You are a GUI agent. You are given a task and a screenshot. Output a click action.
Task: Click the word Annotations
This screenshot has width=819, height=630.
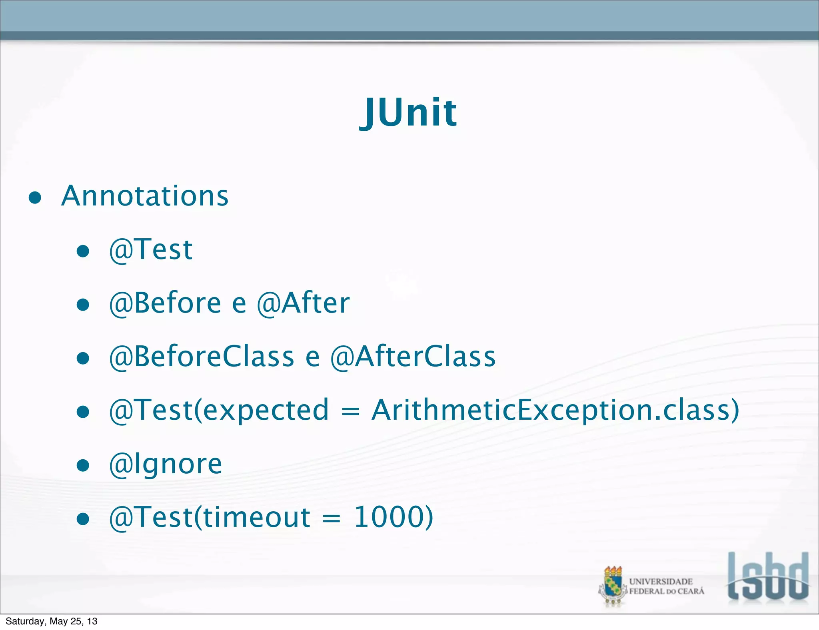[x=145, y=196]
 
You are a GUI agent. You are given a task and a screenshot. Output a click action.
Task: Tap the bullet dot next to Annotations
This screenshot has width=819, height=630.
[x=35, y=198]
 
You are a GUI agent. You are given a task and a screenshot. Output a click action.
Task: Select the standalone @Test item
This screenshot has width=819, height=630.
[x=151, y=249]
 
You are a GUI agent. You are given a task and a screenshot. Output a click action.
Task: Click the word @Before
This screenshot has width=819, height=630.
[x=165, y=303]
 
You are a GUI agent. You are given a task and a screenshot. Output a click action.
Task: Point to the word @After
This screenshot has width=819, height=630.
[x=303, y=303]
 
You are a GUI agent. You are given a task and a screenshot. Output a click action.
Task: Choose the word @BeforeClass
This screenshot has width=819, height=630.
[x=202, y=356]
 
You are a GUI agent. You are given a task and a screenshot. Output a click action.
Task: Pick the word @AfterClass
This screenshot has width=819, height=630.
[x=413, y=356]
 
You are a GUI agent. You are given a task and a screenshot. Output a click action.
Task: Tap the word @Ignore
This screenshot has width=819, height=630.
[x=166, y=464]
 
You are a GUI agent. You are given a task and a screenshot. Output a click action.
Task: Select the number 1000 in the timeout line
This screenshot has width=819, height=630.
[x=394, y=517]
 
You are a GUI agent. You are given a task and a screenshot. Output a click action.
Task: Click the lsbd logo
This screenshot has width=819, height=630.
[x=768, y=576]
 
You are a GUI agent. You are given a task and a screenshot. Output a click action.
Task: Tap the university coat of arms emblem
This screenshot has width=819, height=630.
[x=612, y=586]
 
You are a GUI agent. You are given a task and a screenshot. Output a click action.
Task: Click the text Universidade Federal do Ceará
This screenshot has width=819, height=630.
[x=666, y=586]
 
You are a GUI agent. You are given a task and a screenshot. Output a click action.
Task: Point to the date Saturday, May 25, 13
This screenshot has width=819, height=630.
[x=52, y=621]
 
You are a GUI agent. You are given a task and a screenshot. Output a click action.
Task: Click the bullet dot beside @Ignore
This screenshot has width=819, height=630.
[x=83, y=465]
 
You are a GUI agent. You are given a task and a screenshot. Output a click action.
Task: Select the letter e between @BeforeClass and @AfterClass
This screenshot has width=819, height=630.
[x=312, y=357]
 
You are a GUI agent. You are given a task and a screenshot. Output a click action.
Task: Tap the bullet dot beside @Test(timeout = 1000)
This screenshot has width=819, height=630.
[x=83, y=519]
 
